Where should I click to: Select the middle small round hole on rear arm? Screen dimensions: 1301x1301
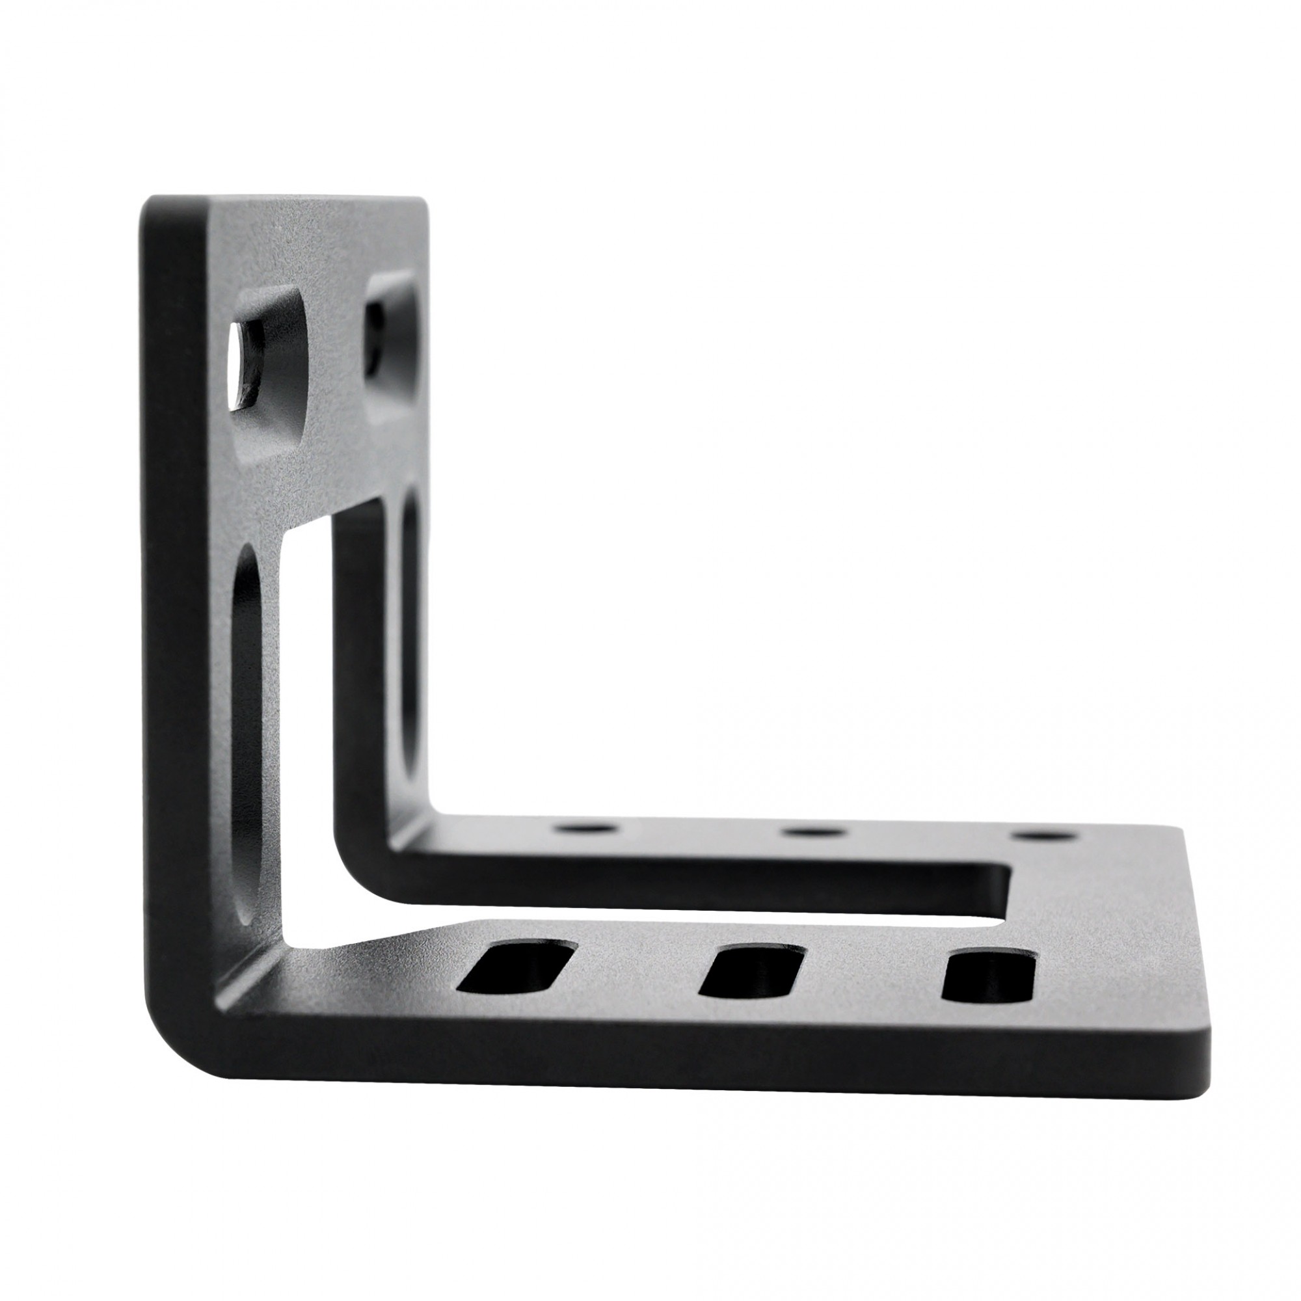click(x=816, y=831)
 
